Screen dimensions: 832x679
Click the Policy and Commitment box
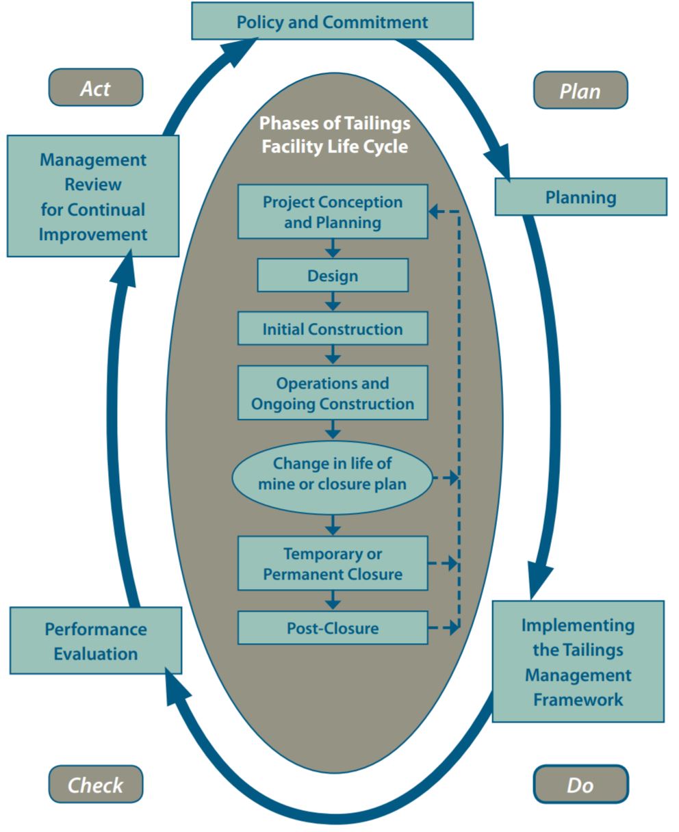tap(332, 21)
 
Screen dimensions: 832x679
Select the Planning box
tap(580, 197)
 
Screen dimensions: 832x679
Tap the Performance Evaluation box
tap(96, 641)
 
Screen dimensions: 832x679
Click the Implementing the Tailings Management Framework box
tap(578, 662)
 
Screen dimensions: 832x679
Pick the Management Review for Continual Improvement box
tap(93, 196)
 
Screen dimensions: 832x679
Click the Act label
tap(96, 88)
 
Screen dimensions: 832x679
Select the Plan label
tap(580, 90)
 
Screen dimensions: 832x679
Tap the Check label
tap(96, 784)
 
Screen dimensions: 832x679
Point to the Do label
tap(580, 784)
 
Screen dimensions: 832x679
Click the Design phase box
tap(333, 276)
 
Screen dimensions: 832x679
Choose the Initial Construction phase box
tap(333, 329)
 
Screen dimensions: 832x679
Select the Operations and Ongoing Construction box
tap(333, 393)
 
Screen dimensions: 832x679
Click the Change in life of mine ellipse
tap(333, 473)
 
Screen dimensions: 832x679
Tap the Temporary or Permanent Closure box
tap(333, 563)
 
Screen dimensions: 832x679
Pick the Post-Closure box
tap(333, 627)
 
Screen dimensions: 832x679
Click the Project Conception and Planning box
tap(333, 211)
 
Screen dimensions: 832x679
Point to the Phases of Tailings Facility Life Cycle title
tap(335, 135)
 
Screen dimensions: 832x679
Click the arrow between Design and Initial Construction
tap(333, 302)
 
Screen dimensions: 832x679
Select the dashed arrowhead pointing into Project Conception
tap(436, 211)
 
